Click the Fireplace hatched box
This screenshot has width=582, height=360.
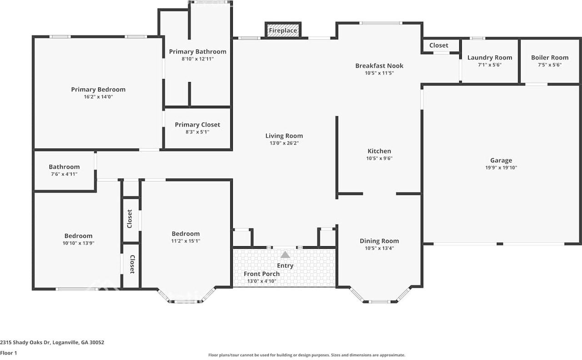(283, 30)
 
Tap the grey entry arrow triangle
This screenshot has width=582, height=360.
(285, 255)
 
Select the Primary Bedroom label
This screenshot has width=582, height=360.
(98, 90)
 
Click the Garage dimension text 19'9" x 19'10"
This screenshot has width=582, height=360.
(501, 168)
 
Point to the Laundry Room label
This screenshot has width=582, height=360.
(490, 57)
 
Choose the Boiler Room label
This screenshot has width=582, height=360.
(550, 57)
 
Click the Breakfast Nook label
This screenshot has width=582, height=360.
(379, 66)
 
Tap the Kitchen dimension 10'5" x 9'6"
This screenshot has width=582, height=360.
(379, 158)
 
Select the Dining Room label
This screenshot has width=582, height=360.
(379, 241)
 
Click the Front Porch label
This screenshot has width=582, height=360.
(261, 274)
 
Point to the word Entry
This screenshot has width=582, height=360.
(285, 265)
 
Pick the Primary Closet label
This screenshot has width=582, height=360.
(197, 125)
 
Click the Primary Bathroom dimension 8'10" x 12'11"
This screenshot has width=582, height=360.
(197, 59)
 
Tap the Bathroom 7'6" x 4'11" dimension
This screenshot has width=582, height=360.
(64, 174)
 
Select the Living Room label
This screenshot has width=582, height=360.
(284, 135)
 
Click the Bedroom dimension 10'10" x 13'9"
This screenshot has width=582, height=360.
(79, 243)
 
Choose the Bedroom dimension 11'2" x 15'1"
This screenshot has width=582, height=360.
(186, 241)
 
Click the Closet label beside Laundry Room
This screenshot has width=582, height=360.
(439, 45)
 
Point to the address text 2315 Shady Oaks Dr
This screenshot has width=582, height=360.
(25, 342)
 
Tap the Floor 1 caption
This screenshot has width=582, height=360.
(9, 353)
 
